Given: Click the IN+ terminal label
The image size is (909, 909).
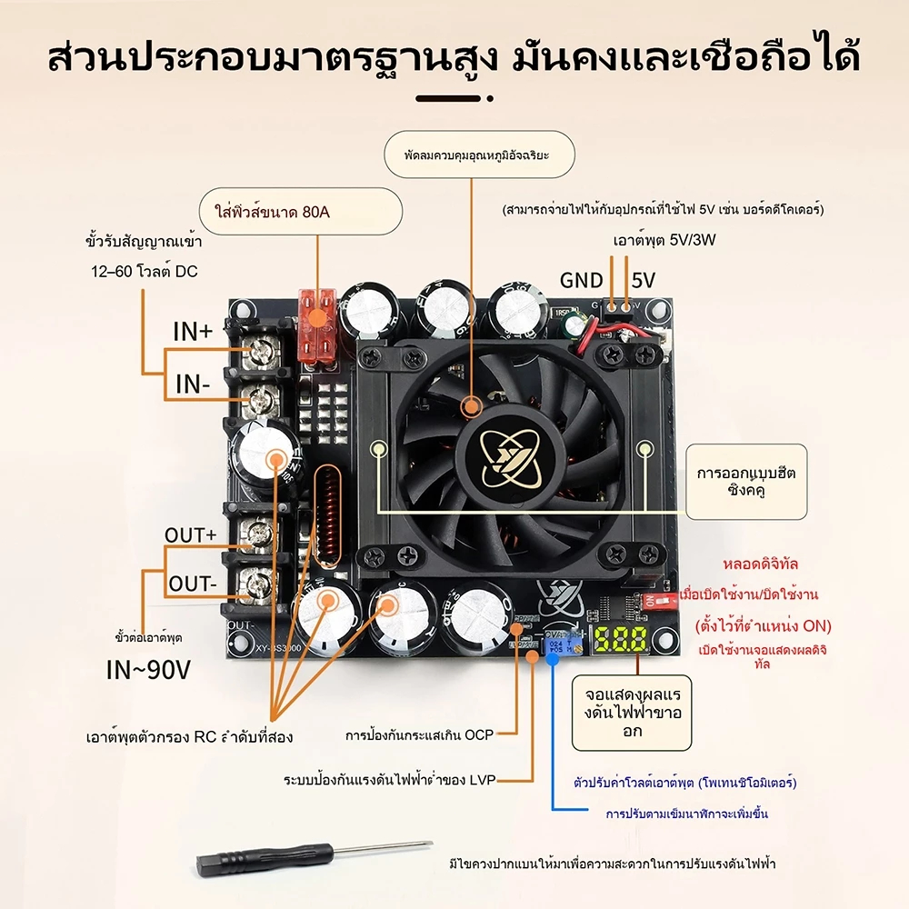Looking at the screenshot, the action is click(193, 332).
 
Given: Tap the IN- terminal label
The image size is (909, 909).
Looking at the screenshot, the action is click(193, 385).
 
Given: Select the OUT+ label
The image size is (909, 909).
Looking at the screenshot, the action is click(190, 535).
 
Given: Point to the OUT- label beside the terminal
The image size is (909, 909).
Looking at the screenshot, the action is click(193, 584).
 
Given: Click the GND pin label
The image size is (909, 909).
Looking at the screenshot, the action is click(582, 281).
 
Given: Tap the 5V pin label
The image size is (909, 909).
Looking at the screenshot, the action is click(644, 281).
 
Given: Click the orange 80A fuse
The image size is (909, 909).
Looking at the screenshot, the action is click(317, 327).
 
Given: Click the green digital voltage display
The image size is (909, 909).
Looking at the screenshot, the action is click(620, 640).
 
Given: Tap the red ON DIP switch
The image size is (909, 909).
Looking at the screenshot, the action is click(660, 601).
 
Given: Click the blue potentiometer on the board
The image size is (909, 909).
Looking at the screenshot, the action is click(559, 644).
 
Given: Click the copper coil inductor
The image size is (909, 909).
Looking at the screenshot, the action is click(327, 516).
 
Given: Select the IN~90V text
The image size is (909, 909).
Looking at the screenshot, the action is click(148, 670).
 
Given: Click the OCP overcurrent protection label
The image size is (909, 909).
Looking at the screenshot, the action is click(419, 735).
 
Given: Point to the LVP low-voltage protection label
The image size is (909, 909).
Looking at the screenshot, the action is click(390, 780).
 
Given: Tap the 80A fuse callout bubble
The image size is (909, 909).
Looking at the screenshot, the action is click(300, 212).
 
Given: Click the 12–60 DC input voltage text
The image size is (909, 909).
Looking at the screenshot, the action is click(145, 271).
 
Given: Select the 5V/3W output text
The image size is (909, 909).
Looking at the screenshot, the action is click(664, 240).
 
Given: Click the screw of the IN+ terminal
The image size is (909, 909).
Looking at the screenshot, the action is click(261, 350).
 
